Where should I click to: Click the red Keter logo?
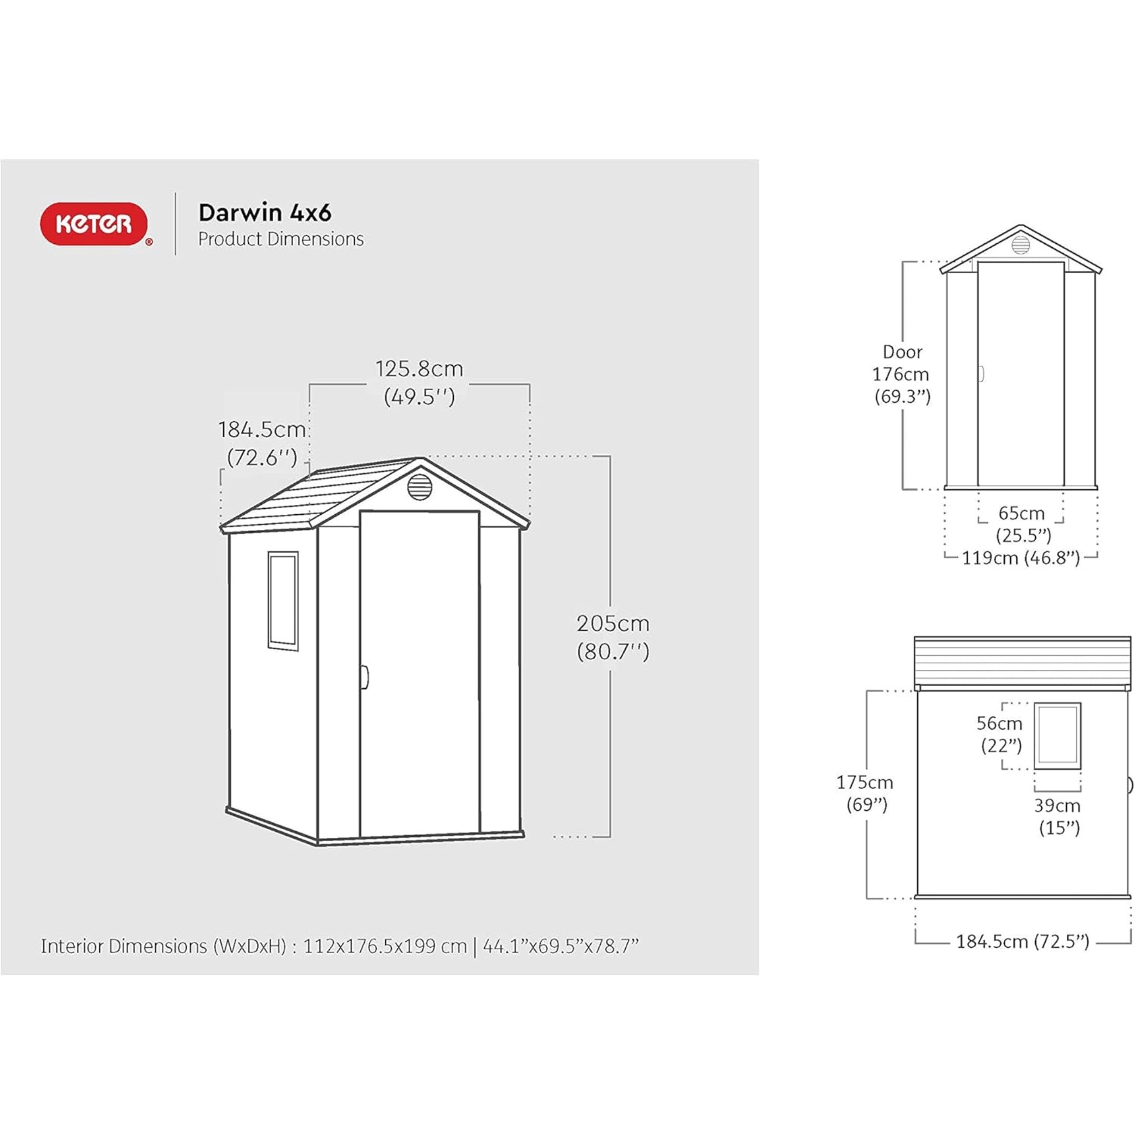pyautogui.click(x=94, y=224)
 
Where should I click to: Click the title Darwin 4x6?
pyautogui.click(x=264, y=213)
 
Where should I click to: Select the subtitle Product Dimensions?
pyautogui.click(x=281, y=239)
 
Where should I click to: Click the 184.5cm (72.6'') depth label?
pyautogui.click(x=262, y=443)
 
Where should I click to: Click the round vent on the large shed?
pyautogui.click(x=420, y=487)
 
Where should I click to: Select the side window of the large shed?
pyautogui.click(x=283, y=600)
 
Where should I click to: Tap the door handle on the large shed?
pyautogui.click(x=365, y=677)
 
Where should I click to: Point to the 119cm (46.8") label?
pyautogui.click(x=1020, y=558)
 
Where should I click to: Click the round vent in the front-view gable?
pyautogui.click(x=1020, y=244)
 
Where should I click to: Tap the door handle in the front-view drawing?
pyautogui.click(x=981, y=374)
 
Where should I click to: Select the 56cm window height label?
pyautogui.click(x=1000, y=734)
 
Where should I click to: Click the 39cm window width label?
pyautogui.click(x=1058, y=816)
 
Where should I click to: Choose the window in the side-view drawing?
pyautogui.click(x=1057, y=735)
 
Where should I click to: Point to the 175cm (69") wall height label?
pyautogui.click(x=865, y=793)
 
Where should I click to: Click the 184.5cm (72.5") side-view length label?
pyautogui.click(x=1022, y=942)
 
